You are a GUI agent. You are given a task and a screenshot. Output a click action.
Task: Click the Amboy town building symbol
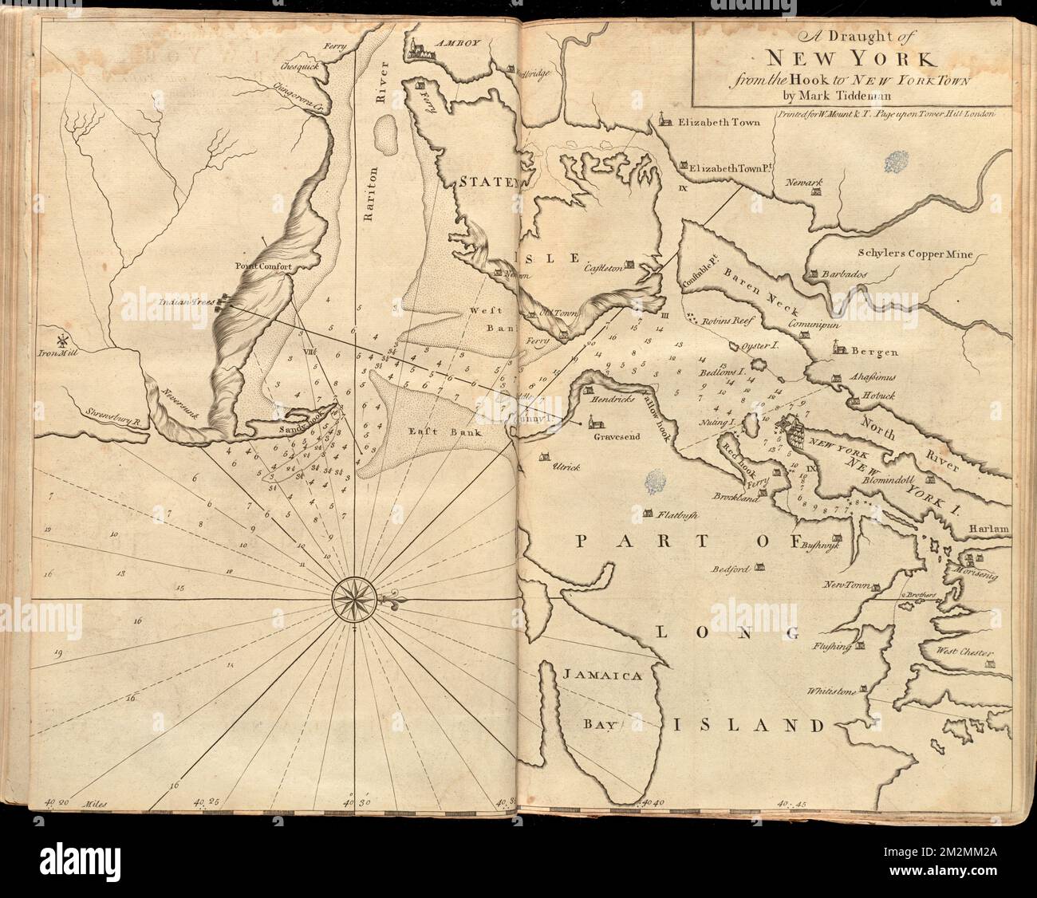coord(416,50)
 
